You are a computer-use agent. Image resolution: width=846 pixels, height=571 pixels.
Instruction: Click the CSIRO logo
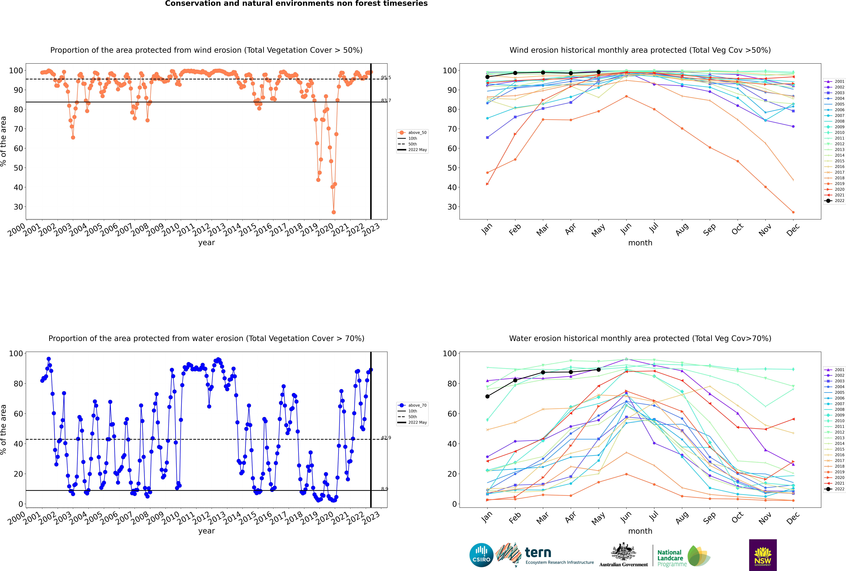tap(481, 555)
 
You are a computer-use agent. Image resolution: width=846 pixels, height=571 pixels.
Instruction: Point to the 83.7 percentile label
tap(386, 100)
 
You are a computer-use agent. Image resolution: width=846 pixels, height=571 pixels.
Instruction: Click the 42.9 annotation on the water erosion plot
tap(386, 438)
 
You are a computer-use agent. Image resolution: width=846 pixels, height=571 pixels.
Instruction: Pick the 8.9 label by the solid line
tap(384, 489)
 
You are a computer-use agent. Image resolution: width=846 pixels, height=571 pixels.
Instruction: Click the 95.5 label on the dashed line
tap(386, 78)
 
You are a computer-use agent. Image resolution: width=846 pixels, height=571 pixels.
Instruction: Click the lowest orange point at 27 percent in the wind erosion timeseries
tap(334, 212)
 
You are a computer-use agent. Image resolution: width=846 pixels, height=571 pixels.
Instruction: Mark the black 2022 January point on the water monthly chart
tap(487, 397)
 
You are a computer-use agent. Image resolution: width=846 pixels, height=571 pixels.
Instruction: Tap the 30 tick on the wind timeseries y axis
tap(18, 207)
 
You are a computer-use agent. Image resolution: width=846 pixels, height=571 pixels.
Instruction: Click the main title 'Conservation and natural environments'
tap(296, 4)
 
